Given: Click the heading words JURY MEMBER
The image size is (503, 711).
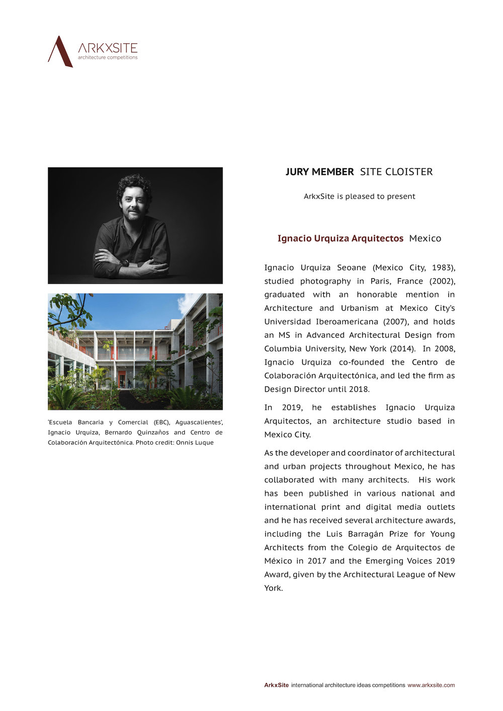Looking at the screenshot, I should [x=319, y=172].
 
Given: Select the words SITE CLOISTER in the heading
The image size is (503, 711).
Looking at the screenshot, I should [x=396, y=172].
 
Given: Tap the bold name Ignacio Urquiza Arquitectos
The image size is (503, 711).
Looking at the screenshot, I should [x=340, y=238].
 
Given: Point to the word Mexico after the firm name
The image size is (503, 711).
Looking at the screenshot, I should [x=425, y=238].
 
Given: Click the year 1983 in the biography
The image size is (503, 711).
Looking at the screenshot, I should [x=442, y=268].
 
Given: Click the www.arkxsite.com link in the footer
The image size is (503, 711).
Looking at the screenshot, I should [x=431, y=685].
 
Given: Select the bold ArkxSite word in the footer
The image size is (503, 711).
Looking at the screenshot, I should [x=276, y=685].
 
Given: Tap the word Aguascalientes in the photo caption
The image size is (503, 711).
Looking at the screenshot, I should [x=199, y=422].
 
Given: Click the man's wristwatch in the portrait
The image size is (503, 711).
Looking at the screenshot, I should [x=125, y=262].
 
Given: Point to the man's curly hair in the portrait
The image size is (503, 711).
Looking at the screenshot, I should [x=134, y=185].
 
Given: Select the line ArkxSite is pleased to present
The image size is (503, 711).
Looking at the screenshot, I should [x=359, y=197].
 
